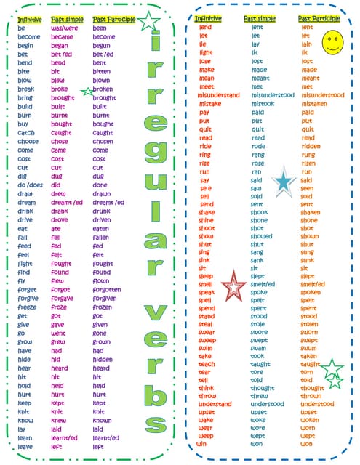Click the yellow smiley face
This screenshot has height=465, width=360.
(332, 41)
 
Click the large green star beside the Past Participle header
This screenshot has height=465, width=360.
(149, 22)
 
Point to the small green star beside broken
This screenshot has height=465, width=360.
(88, 92)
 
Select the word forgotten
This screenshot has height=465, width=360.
(108, 289)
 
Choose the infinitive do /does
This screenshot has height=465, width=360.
(31, 185)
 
